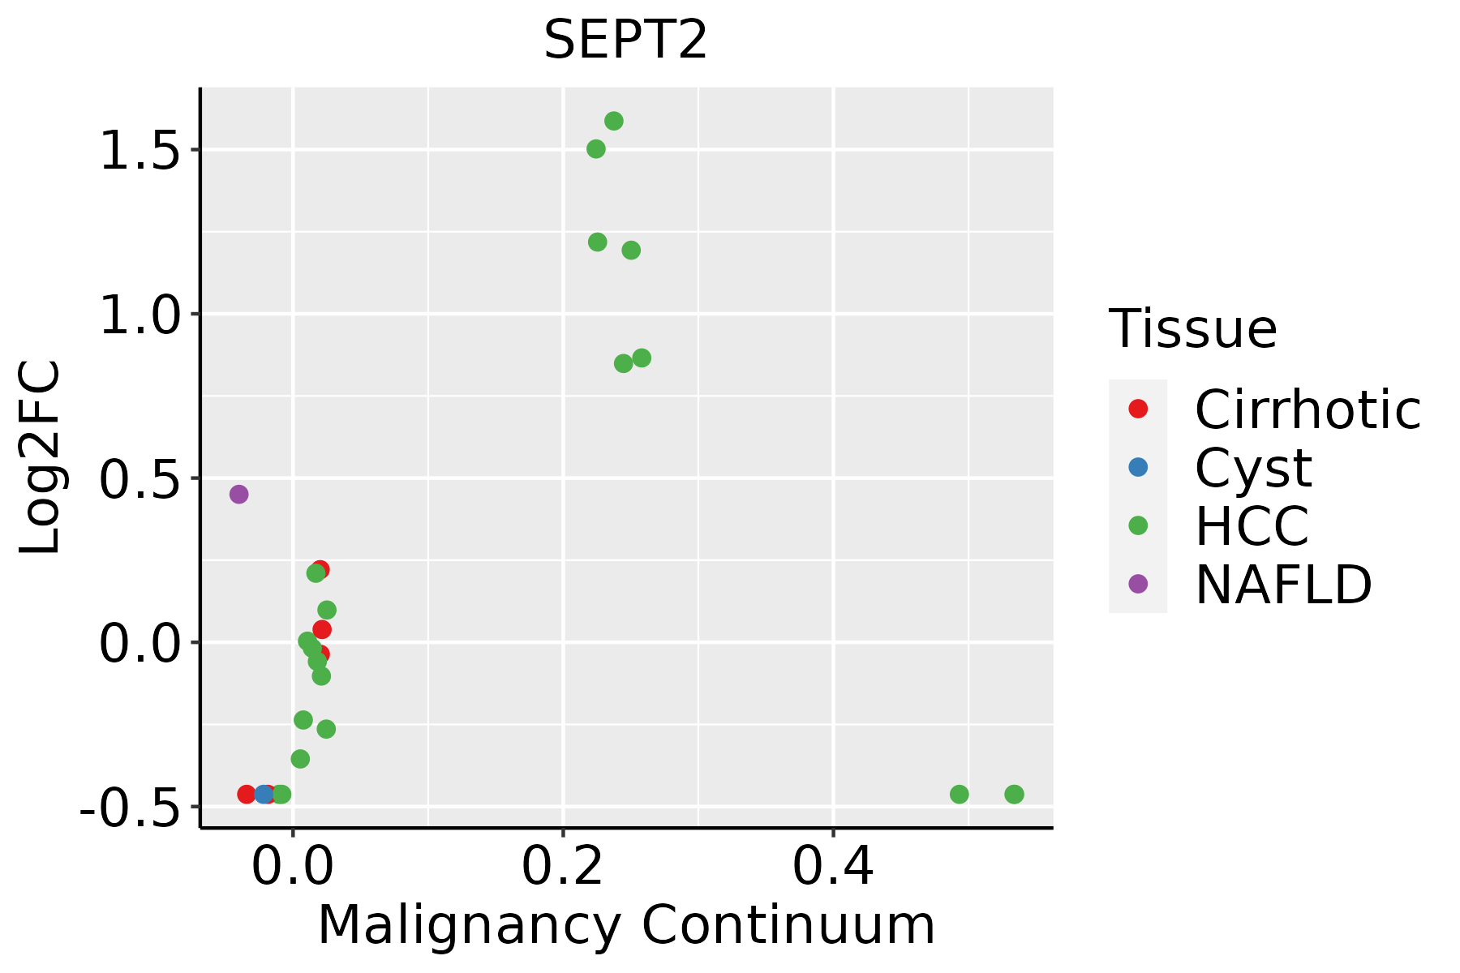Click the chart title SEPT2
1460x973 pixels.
625,40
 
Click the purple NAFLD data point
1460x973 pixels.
238,494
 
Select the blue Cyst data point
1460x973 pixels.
264,794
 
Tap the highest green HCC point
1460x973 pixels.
614,121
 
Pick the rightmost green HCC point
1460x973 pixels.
1014,794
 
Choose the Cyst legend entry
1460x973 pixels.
1253,468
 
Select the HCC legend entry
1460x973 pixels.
1252,525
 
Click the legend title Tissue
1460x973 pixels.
1192,328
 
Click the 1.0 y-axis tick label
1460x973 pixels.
139,315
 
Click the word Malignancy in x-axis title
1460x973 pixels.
470,925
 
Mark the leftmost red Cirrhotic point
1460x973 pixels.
247,794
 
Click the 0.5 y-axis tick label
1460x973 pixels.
139,480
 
